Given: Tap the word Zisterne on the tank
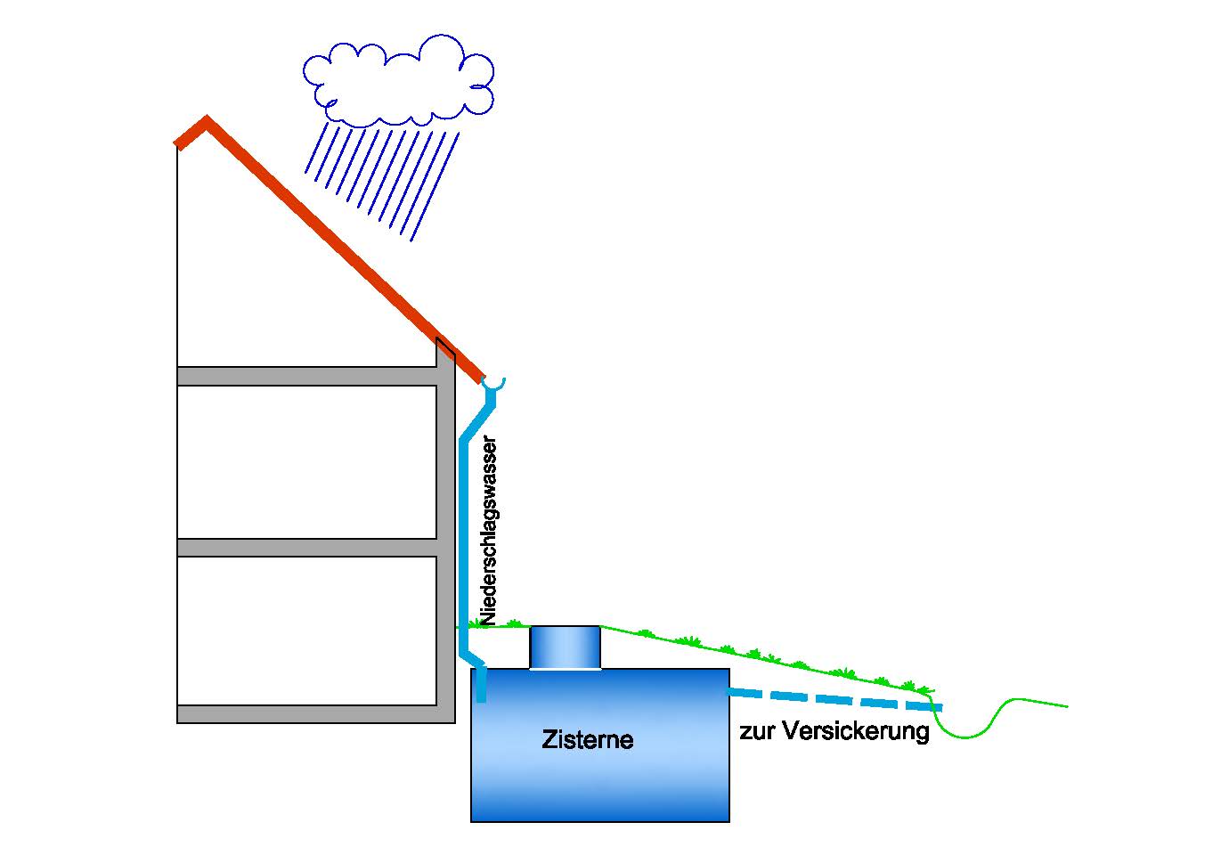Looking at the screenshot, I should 587,739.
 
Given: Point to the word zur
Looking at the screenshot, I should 757,733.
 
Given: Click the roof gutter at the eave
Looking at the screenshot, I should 493,383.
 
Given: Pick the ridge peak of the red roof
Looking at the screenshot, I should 206,122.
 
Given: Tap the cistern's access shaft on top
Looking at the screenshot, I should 565,647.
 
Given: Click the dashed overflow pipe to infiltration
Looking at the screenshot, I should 833,699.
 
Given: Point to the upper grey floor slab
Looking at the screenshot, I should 307,376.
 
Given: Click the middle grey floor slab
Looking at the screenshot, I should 307,547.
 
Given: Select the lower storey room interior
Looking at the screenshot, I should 307,630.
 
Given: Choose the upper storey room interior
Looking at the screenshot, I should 307,461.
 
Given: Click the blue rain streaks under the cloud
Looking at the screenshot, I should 383,178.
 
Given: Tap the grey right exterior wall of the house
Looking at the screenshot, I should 445,534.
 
